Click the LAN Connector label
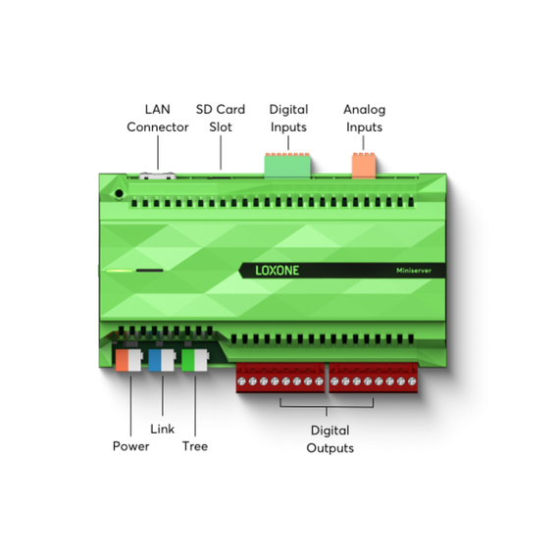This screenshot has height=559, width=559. tap(158, 118)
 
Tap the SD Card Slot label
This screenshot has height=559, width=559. tap(221, 118)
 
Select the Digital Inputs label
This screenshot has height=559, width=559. tap(288, 118)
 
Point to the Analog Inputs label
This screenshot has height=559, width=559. tap(365, 118)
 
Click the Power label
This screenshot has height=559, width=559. tap(130, 446)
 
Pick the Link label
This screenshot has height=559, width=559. tap(162, 429)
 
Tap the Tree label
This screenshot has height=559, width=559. tap(195, 446)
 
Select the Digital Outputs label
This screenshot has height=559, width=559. tap(330, 438)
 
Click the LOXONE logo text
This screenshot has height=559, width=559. tap(277, 271)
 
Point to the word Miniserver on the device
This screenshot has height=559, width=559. tap(414, 271)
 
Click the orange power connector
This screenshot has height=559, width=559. tap(128, 360)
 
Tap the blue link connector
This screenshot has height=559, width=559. tap(162, 360)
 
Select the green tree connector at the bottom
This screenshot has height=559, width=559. tap(195, 360)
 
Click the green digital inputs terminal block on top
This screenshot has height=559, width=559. tap(287, 165)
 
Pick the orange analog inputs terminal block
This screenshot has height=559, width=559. tap(364, 165)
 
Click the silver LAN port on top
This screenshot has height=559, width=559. tap(157, 176)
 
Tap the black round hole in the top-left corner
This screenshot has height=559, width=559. tap(119, 193)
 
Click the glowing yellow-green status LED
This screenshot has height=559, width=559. tap(120, 271)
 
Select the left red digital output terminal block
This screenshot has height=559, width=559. tap(280, 378)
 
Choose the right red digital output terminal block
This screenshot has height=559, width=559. tap(374, 378)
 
